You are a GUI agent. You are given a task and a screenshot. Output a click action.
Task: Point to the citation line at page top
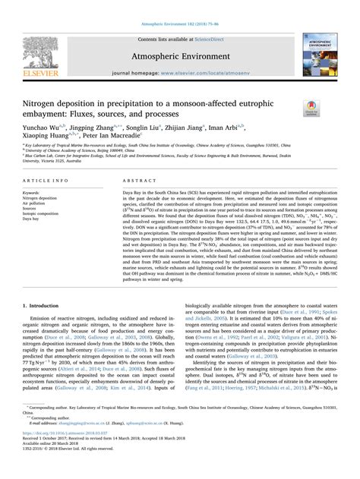coord(179,7)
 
